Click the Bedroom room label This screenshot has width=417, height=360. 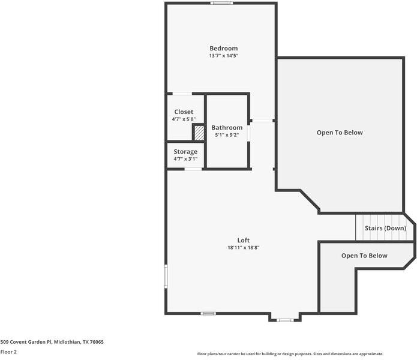223,49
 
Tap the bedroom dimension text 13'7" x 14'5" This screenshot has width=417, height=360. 223,56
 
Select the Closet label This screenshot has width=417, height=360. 184,112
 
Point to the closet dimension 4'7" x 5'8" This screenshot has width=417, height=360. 184,119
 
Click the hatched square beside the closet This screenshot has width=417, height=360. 199,132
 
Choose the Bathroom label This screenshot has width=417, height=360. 227,128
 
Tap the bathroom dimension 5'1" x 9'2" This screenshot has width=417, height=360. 227,135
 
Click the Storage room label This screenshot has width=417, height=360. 185,152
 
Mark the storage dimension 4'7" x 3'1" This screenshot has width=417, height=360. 185,159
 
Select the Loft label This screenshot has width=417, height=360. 243,240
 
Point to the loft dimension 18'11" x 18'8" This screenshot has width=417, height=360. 243,247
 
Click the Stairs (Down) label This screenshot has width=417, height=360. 385,229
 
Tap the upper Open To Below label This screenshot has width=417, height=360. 340,133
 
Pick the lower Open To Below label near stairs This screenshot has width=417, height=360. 364,256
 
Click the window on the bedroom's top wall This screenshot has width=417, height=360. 221,4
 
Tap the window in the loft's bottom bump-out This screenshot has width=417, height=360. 284,320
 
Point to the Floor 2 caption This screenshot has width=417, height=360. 8,352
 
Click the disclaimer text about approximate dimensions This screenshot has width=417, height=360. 290,354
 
